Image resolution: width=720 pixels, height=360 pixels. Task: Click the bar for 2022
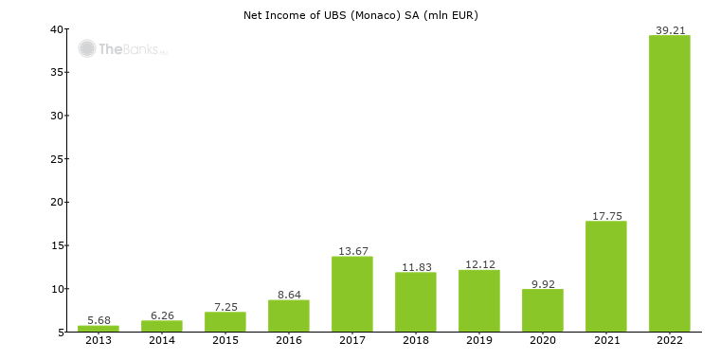tap(669, 184)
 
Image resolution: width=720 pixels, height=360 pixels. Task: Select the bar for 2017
tap(352, 294)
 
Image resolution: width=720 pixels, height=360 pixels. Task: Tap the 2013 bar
tap(99, 328)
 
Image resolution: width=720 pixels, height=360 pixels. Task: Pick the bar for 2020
tap(543, 310)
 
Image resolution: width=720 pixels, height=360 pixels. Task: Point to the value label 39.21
tap(670, 30)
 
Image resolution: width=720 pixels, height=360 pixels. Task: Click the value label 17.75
tap(606, 216)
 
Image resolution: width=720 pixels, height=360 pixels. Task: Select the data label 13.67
tap(352, 251)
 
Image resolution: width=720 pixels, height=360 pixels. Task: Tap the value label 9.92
tap(543, 283)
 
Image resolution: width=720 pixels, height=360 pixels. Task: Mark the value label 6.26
tap(162, 315)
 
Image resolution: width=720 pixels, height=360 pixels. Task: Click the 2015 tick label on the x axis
tap(225, 340)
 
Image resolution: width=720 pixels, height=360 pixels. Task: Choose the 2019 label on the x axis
tap(479, 340)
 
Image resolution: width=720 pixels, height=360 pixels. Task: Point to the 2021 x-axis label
tap(606, 340)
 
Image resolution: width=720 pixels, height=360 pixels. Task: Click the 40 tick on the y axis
tap(57, 29)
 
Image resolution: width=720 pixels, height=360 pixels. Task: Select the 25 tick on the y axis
tap(57, 159)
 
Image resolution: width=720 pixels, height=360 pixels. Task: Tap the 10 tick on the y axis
tap(57, 289)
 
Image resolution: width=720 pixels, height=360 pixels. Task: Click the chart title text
tap(361, 14)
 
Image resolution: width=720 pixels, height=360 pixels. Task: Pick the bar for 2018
tap(416, 301)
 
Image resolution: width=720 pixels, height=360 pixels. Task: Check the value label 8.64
tap(289, 295)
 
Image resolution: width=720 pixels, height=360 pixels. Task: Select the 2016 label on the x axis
tap(289, 340)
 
